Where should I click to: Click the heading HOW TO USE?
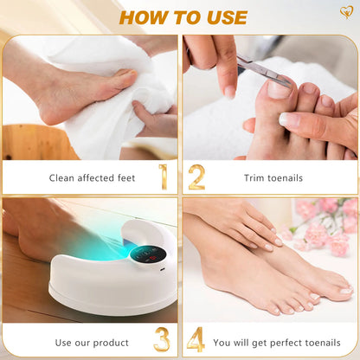coord(183,17)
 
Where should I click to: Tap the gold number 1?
coord(163,177)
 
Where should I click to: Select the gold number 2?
coord(196,177)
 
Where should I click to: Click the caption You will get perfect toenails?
coord(282,343)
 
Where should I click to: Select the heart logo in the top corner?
coord(346,13)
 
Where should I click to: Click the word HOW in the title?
coord(141,17)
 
